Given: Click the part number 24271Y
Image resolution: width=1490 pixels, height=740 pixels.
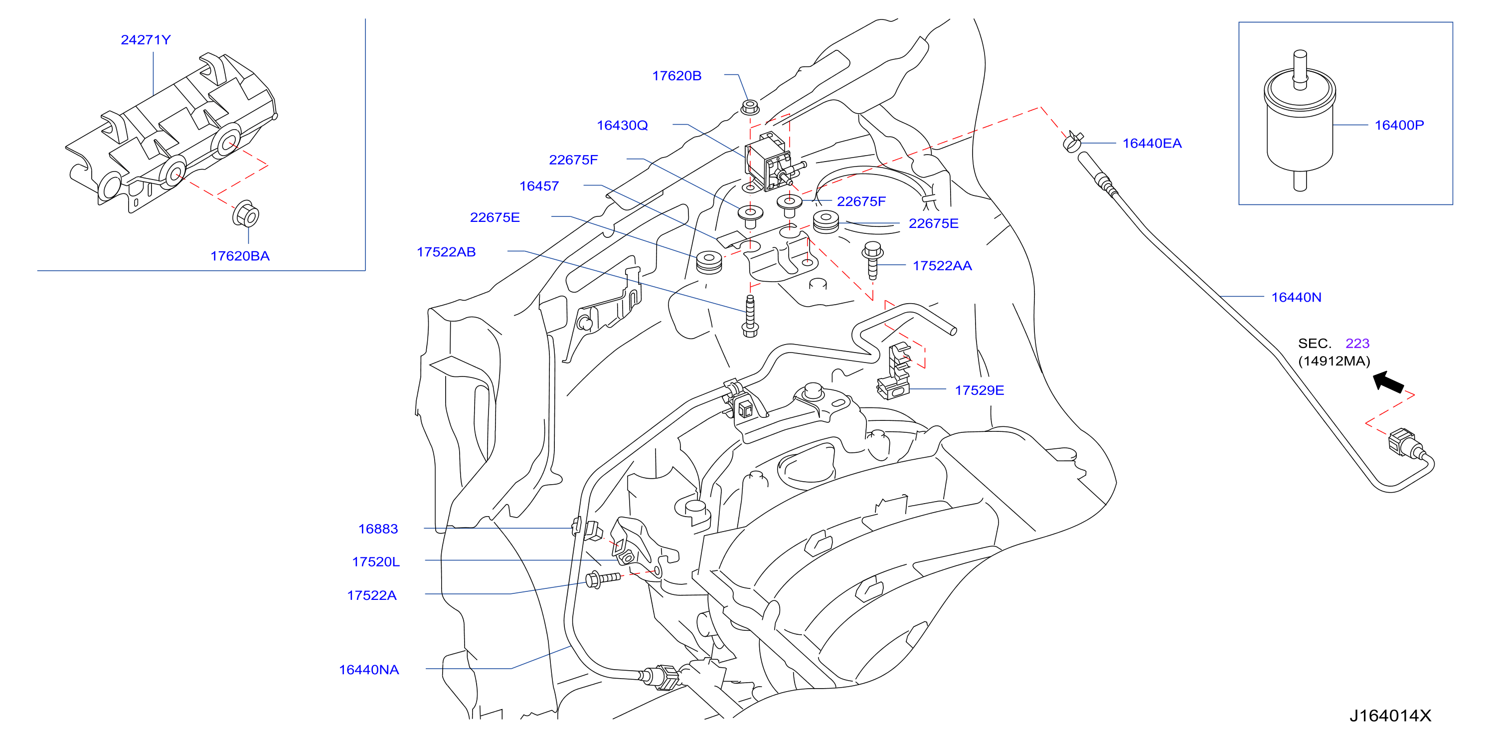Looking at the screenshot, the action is pyautogui.click(x=146, y=40).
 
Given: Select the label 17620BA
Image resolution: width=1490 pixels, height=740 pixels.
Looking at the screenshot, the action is pyautogui.click(x=240, y=256).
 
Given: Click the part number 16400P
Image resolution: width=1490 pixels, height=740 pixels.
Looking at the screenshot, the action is pyautogui.click(x=1399, y=125).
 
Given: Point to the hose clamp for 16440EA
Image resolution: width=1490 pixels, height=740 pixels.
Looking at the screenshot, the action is pyautogui.click(x=1073, y=141).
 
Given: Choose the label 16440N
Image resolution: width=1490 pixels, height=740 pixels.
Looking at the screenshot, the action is pyautogui.click(x=1296, y=297).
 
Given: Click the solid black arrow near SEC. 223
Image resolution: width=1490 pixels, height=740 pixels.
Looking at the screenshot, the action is pyautogui.click(x=1388, y=382).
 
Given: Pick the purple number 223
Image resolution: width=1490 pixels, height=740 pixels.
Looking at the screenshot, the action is pyautogui.click(x=1357, y=343).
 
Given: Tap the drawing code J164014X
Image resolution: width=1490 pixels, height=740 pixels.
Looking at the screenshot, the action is pyautogui.click(x=1390, y=716).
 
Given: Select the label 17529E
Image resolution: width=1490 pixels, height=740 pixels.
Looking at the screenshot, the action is pyautogui.click(x=979, y=390).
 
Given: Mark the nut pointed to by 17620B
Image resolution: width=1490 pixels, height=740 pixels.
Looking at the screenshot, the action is pyautogui.click(x=750, y=107).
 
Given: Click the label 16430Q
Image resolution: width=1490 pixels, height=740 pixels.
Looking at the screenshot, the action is pyautogui.click(x=623, y=126).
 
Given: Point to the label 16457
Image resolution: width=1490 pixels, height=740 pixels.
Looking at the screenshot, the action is pyautogui.click(x=539, y=186).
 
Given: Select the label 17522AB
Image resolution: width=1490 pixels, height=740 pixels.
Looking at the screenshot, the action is pyautogui.click(x=446, y=252).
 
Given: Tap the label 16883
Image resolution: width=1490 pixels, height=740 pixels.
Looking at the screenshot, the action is pyautogui.click(x=378, y=529).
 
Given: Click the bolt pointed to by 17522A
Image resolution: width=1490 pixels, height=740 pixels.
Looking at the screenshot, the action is pyautogui.click(x=603, y=579).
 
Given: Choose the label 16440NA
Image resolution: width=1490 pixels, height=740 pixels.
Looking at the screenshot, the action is pyautogui.click(x=369, y=670).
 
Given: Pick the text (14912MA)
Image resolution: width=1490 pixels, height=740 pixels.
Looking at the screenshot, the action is pyautogui.click(x=1334, y=361).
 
